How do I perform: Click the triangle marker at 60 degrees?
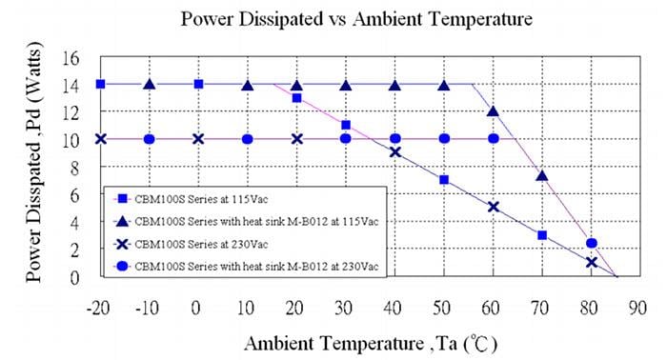[x=493, y=111]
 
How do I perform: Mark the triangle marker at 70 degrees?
[x=542, y=175]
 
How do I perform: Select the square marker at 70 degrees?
[x=542, y=235]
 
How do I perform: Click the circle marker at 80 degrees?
[x=592, y=243]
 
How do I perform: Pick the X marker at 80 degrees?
[x=592, y=262]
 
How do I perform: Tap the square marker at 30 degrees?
[x=345, y=125]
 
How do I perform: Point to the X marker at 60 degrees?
[x=493, y=207]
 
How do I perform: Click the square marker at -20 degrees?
[x=100, y=84]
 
